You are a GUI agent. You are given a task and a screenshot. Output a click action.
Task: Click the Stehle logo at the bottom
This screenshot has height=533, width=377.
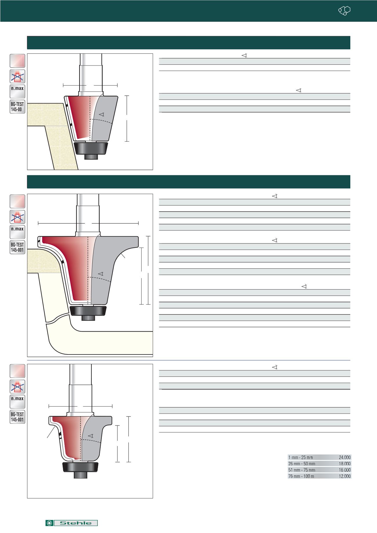pyautogui.click(x=71, y=523)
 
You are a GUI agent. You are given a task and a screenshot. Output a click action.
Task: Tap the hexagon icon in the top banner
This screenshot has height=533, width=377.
pyautogui.click(x=345, y=11)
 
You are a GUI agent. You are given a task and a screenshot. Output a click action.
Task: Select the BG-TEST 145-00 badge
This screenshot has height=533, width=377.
pyautogui.click(x=17, y=107)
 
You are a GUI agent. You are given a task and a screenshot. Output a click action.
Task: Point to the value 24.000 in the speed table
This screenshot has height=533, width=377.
pyautogui.click(x=345, y=457)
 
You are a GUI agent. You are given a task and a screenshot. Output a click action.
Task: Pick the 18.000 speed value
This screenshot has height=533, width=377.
pyautogui.click(x=345, y=464)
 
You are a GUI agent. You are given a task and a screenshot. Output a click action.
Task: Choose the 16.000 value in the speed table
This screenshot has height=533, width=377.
pyautogui.click(x=345, y=470)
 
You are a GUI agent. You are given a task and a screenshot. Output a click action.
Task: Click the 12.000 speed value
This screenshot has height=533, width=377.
pyautogui.click(x=345, y=476)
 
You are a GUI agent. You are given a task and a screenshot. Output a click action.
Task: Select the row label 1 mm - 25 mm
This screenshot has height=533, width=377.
pyautogui.click(x=301, y=457)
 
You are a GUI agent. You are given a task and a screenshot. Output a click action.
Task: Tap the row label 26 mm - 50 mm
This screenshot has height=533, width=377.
pyautogui.click(x=302, y=464)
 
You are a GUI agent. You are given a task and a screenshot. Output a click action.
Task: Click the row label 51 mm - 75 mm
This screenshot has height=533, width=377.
pyautogui.click(x=302, y=470)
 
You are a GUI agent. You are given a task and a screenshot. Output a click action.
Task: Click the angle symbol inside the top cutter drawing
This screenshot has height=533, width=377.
pyautogui.click(x=101, y=115)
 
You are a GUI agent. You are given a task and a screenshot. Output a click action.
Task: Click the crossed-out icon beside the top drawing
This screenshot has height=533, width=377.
pyautogui.click(x=17, y=76)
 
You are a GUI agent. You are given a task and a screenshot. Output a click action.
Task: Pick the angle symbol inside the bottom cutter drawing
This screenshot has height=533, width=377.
pyautogui.click(x=90, y=436)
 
